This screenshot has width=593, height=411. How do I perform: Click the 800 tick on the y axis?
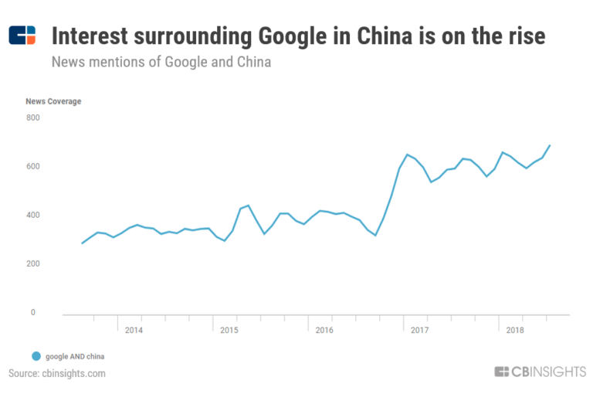32,117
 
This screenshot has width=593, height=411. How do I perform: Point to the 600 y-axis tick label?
32,166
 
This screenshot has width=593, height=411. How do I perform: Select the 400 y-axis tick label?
32,215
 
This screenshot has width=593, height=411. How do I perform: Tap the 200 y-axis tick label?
32,264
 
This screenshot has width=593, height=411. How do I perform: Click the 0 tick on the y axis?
32,313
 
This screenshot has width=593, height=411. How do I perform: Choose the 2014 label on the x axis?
134,330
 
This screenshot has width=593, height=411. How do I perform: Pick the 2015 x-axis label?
229,330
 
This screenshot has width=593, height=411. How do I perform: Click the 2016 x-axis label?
324,330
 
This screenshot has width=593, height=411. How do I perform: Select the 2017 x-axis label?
419,330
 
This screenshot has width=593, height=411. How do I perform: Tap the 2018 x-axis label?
515,330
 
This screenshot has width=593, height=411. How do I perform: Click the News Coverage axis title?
53,101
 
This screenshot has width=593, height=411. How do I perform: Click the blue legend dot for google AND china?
35,356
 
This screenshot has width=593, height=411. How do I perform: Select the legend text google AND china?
75,356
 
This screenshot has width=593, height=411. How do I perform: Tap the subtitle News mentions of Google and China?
161,61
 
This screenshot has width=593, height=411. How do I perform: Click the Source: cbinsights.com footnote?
57,374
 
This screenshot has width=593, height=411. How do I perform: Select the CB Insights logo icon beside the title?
22,36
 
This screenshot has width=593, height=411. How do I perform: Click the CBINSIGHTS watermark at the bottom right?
540,372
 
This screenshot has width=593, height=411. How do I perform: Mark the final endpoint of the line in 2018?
550,145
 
